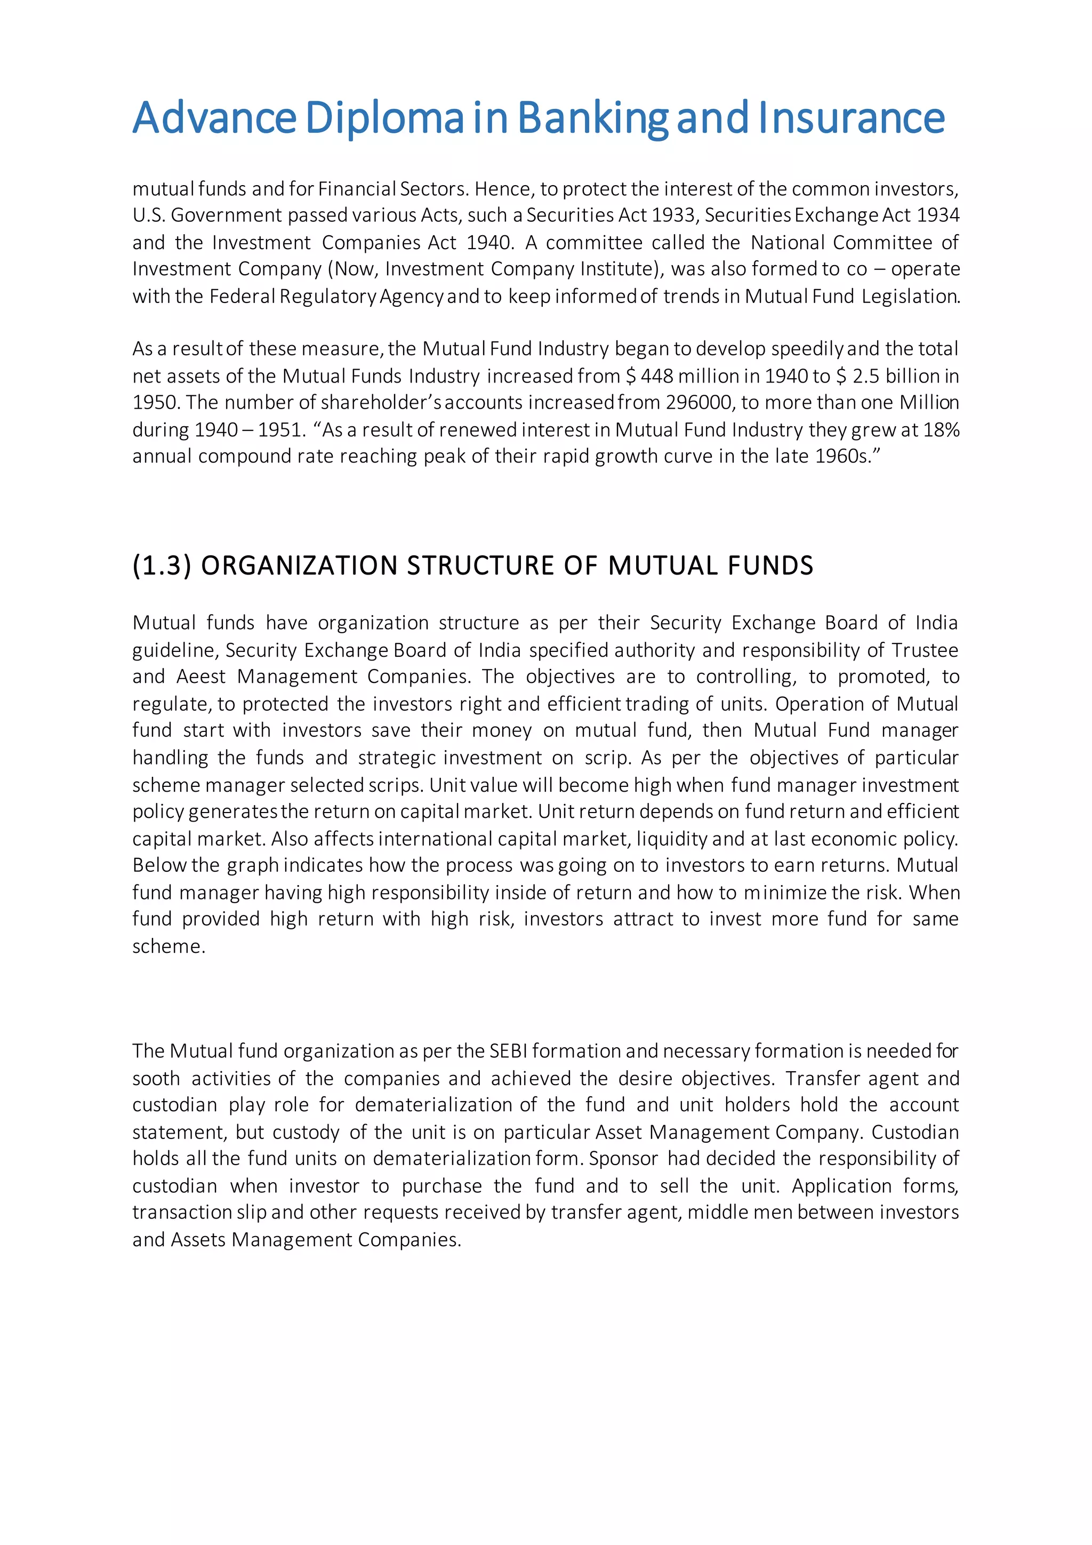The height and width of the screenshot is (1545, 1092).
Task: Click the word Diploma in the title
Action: click(384, 118)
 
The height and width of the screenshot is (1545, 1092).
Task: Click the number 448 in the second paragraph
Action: click(656, 376)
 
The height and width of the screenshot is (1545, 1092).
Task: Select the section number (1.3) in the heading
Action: click(162, 566)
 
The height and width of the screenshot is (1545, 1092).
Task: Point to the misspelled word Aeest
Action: click(201, 676)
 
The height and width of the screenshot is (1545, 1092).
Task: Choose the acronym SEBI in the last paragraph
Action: click(508, 1051)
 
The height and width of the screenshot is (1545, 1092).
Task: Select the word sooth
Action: click(156, 1079)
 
